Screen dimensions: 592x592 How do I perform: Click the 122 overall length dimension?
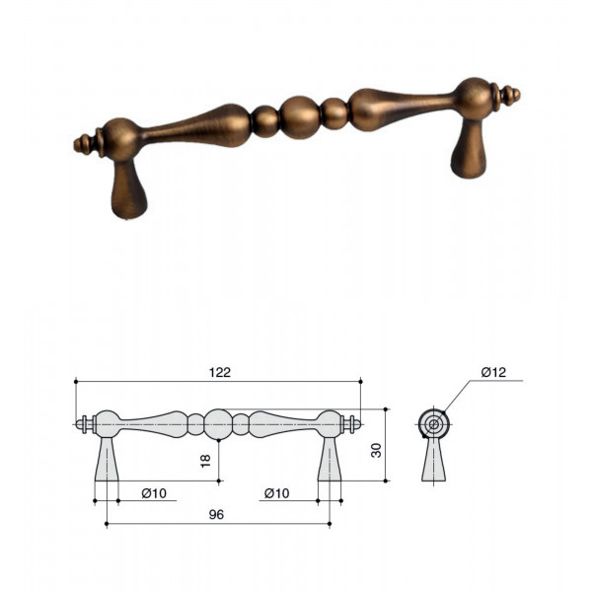coord(220,373)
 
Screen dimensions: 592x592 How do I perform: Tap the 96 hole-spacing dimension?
coord(216,515)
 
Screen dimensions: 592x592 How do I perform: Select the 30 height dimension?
coord(377,451)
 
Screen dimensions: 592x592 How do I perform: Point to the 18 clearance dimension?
coord(206,461)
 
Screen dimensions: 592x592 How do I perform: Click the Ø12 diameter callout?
coord(493,373)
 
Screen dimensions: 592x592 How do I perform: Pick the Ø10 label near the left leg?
coord(154,493)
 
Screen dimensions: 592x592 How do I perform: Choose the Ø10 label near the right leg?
coord(276,493)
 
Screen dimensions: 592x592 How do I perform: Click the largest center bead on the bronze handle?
coord(300,117)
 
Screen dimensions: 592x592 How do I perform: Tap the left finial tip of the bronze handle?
coord(75,145)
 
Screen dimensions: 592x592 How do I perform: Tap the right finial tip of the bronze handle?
coord(518,95)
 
